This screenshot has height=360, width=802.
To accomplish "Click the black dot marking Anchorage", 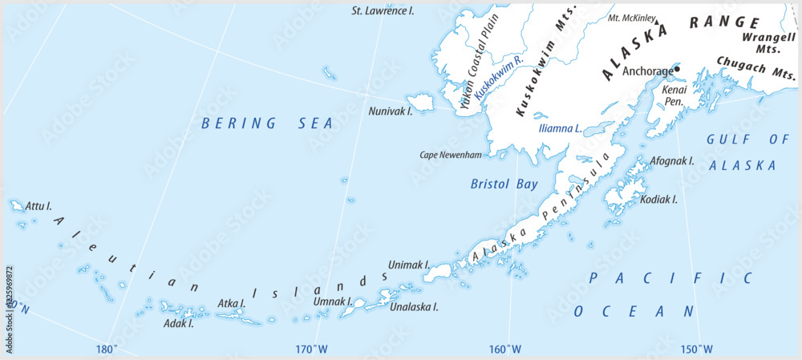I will tap(677, 69).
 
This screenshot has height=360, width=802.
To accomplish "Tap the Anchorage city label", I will tap(648, 70).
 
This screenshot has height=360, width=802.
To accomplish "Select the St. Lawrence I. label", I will tap(383, 11).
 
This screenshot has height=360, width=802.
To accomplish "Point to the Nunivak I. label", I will tap(391, 111).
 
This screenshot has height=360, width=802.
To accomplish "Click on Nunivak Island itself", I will tap(420, 102).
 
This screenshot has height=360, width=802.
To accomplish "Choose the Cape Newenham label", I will tap(452, 155).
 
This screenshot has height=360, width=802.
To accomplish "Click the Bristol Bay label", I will tap(504, 184).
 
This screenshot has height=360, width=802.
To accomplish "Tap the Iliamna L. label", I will tap(559, 128).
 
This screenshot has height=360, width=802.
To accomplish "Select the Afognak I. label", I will tap(671, 161).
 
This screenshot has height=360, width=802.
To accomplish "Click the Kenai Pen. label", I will tap(674, 96).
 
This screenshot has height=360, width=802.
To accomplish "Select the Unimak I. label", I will tap(409, 264).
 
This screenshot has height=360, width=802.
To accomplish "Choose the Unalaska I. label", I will tap(413, 306).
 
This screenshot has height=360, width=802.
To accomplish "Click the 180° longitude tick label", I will tap(107, 349).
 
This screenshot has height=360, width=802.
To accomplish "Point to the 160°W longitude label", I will tap(505, 349).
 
